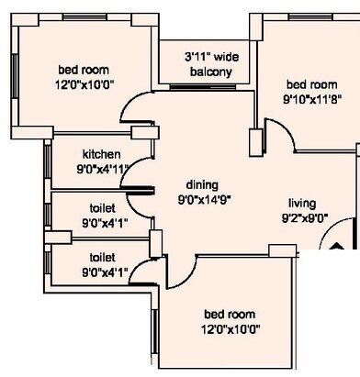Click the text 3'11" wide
coord(210,56)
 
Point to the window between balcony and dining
coord(208,89)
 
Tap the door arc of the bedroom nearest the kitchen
coord(135,116)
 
